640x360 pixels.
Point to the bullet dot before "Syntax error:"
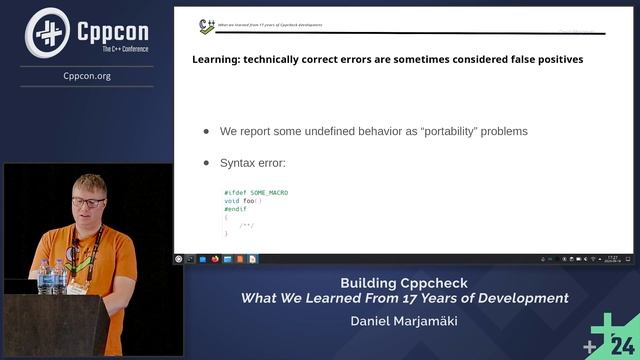207,162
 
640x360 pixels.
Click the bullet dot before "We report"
207,131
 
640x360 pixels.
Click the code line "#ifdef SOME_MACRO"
256,192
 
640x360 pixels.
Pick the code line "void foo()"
243,200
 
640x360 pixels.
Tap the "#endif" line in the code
235,209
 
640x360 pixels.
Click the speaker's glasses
88,202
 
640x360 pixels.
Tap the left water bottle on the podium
43,276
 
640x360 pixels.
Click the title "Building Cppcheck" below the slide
404,283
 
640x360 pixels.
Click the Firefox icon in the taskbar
215,259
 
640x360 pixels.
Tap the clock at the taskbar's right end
612,259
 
